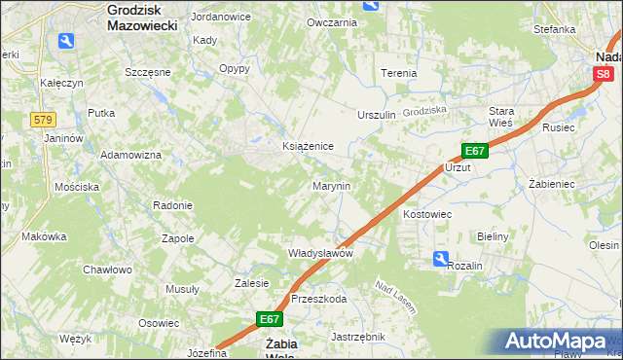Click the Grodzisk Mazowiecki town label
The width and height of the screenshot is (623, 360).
(x=141, y=18)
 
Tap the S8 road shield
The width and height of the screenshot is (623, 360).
(x=605, y=73)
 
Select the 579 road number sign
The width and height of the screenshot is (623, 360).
(x=42, y=120)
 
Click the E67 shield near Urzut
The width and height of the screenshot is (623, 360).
(x=473, y=151)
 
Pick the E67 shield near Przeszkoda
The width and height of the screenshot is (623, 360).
(x=270, y=318)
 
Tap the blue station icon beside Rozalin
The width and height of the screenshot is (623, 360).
(x=441, y=259)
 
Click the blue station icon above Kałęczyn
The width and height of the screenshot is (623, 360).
(x=66, y=41)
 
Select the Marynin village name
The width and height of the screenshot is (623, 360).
(x=331, y=185)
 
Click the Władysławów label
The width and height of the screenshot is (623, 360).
(x=319, y=253)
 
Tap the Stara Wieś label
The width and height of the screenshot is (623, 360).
(x=501, y=116)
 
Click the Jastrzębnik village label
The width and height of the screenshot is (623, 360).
(x=358, y=337)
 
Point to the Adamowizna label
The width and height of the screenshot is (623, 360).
(x=130, y=156)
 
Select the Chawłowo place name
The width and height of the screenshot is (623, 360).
(x=107, y=270)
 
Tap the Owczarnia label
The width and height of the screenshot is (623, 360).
(x=332, y=21)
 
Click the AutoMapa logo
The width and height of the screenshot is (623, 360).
(x=560, y=342)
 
